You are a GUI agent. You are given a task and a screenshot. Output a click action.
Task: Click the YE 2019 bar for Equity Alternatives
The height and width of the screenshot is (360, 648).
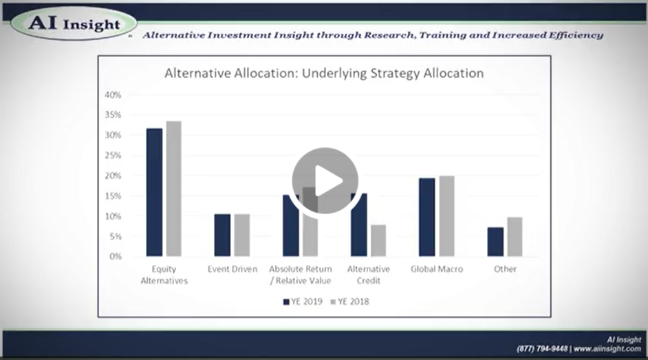tap(154, 192)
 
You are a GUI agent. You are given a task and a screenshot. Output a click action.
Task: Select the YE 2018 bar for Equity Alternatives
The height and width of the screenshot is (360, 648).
tap(173, 189)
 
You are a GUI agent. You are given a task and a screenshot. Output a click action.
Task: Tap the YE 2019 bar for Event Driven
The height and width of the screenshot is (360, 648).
tap(222, 235)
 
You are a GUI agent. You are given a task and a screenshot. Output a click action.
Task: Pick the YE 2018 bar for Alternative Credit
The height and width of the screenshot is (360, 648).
tap(378, 240)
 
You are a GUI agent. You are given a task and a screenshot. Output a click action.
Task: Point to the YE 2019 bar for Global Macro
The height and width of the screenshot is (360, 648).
tap(427, 217)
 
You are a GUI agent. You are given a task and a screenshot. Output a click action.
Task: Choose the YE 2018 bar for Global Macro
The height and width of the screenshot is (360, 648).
tap(446, 216)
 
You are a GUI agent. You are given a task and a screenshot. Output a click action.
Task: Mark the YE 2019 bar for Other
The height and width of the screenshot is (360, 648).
tap(495, 242)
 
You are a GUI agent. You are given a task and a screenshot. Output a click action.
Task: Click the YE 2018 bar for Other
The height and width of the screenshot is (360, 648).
tap(515, 237)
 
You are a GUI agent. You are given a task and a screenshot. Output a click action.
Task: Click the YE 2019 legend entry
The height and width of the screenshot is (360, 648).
tap(303, 301)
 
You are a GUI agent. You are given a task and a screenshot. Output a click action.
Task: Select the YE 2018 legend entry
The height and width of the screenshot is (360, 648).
tap(349, 301)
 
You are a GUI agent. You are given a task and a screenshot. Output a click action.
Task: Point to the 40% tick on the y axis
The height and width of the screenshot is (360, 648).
tap(113, 95)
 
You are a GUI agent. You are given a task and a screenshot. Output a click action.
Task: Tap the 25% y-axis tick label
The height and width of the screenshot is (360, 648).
tap(113, 156)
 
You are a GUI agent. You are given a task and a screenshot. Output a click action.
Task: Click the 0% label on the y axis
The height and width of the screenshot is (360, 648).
tap(116, 257)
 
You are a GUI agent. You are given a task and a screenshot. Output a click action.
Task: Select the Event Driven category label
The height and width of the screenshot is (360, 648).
tap(233, 269)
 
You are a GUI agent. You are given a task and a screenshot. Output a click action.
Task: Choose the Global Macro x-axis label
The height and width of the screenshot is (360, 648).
tap(437, 269)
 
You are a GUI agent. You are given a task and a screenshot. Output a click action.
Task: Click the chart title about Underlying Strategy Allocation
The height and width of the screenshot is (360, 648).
tap(324, 73)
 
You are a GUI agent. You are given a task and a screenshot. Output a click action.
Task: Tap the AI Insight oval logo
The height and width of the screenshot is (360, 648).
tap(74, 23)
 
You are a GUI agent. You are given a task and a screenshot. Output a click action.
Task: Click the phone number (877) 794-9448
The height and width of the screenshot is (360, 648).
tap(542, 349)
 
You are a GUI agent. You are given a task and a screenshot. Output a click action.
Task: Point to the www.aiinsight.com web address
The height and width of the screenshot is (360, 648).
tap(607, 349)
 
